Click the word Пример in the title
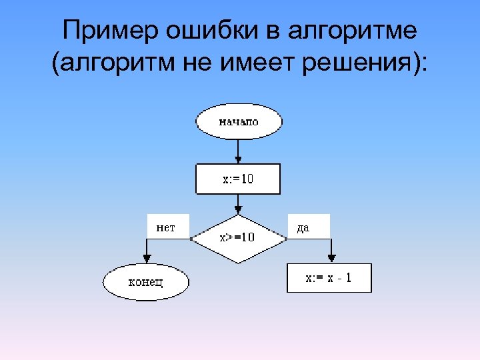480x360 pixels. point(105,31)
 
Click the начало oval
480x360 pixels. point(239,121)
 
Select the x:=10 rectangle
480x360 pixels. point(237,179)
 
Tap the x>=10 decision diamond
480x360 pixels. point(237,238)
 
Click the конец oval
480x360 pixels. point(146,281)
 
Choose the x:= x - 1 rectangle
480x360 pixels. point(329,279)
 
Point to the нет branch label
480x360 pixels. point(166,227)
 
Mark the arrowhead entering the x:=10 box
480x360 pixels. point(238,160)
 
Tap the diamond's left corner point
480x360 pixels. point(192,238)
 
